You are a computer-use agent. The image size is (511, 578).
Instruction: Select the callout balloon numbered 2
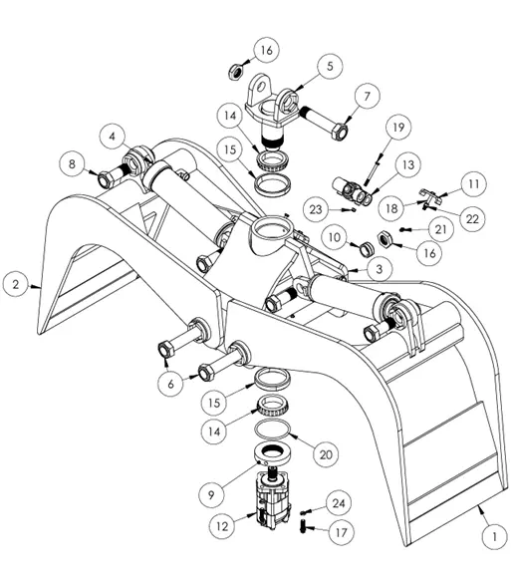coord(16,283)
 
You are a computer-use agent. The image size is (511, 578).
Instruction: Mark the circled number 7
coord(366,98)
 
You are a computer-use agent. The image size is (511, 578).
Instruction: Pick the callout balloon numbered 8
coord(73,163)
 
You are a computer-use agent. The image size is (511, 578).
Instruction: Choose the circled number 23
coord(317,209)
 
